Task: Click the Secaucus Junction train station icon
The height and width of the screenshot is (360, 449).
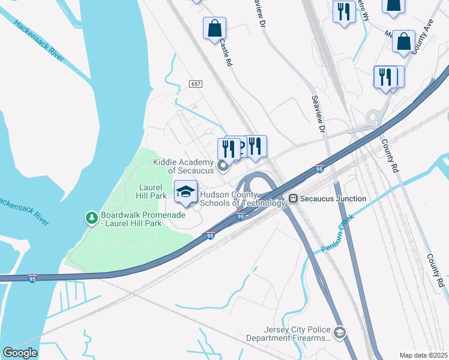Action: pos(294,199)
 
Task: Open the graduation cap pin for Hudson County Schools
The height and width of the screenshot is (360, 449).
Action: pos(186,192)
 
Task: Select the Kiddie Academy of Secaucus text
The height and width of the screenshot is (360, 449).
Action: pos(183,166)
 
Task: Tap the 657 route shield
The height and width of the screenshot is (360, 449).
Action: pos(194,84)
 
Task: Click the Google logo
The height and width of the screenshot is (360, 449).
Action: pos(20,352)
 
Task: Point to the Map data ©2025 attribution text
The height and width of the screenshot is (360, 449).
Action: pos(424,355)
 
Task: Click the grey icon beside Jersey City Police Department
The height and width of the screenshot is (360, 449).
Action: pos(340,332)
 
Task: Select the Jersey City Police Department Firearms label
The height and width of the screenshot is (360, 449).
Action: pos(297,334)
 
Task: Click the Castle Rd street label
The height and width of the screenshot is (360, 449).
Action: pos(226,53)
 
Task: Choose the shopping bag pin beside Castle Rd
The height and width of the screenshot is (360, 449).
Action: pos(214,28)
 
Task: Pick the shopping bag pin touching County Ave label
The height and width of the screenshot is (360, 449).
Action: pos(404,41)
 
